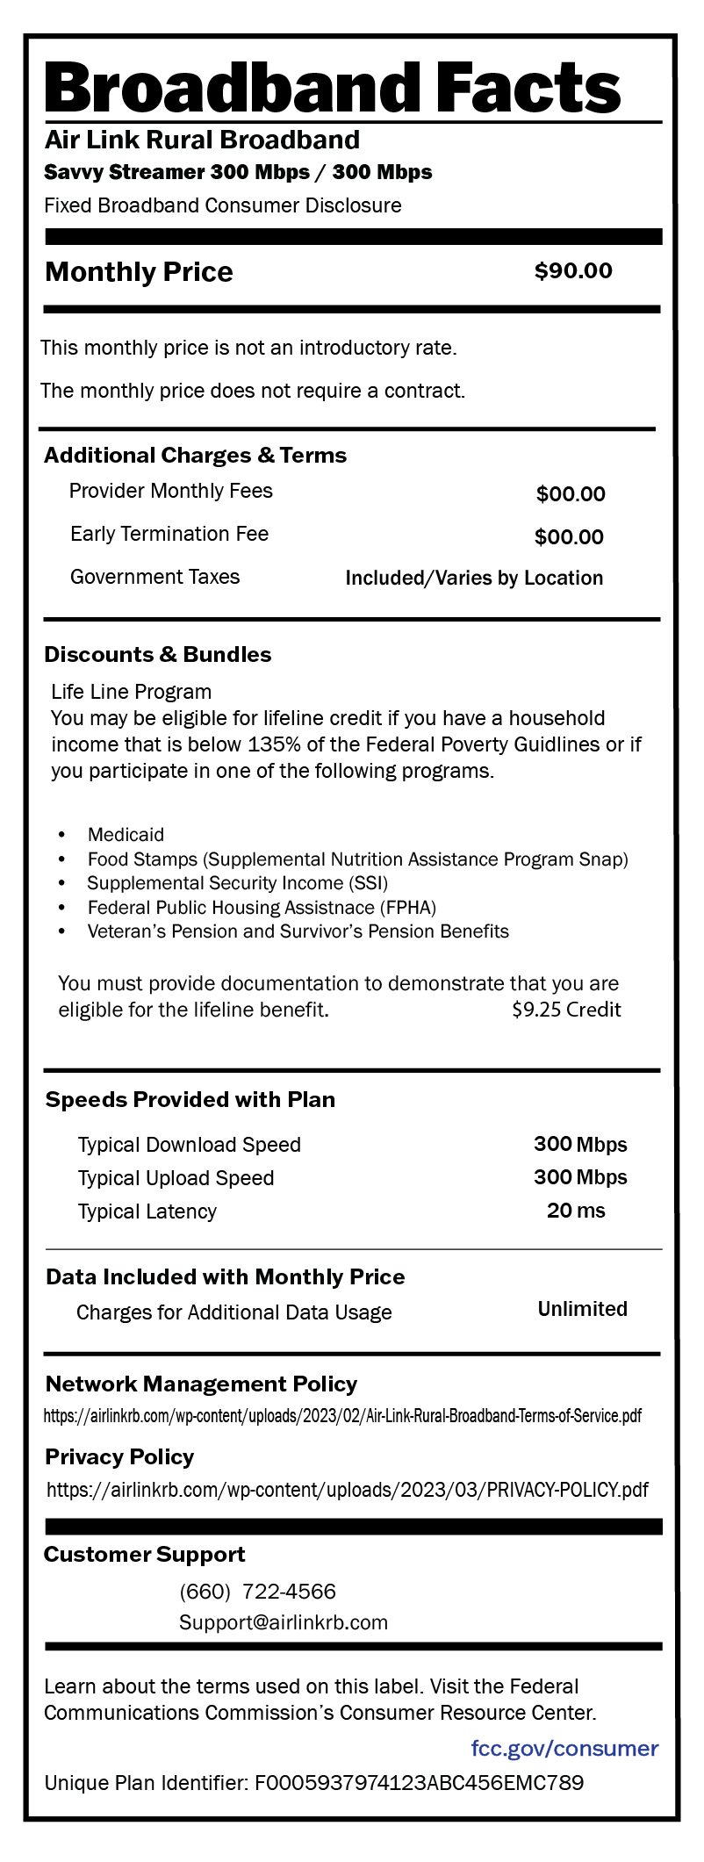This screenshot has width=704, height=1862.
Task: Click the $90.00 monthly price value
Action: click(573, 271)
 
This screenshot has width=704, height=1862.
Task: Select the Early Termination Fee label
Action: click(169, 534)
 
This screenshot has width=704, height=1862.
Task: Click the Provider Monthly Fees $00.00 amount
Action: click(571, 494)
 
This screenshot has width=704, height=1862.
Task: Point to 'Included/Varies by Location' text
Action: click(474, 578)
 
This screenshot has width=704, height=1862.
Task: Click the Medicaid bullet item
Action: click(126, 834)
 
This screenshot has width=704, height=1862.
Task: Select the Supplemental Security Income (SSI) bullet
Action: click(237, 883)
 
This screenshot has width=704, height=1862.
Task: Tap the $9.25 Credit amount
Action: click(566, 1010)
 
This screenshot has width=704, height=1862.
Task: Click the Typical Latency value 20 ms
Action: click(576, 1211)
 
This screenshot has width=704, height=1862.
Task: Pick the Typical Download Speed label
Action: click(189, 1145)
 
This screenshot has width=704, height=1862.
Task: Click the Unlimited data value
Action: click(582, 1309)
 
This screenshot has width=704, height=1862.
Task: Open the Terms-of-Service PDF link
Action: click(342, 1416)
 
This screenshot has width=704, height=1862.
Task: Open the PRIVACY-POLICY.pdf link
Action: click(348, 1490)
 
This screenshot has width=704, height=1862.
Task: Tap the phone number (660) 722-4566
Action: click(257, 1592)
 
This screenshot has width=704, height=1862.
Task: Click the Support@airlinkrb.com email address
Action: click(284, 1622)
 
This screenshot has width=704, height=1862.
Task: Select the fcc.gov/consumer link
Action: click(564, 1748)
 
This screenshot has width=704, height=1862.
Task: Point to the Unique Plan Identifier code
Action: click(419, 1783)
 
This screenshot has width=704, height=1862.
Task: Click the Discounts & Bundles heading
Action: click(158, 655)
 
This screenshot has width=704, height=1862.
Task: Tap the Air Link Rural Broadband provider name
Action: click(202, 140)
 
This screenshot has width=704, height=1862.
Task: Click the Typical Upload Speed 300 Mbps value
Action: click(580, 1177)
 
